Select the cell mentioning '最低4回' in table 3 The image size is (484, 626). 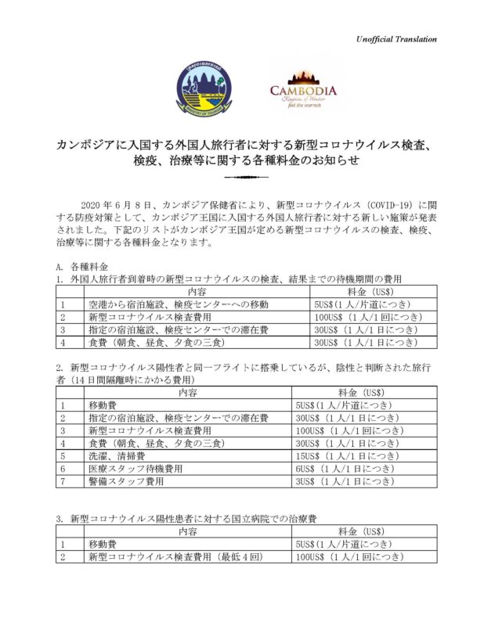coord(179,557)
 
